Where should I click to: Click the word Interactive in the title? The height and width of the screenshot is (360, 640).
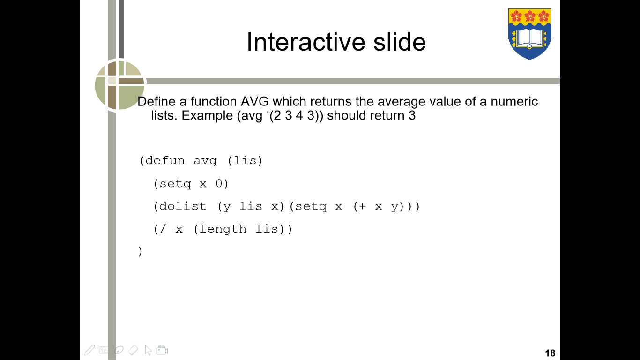tap(306, 42)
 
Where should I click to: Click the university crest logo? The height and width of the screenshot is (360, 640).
tap(530, 34)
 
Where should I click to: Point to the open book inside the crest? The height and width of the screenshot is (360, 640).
tap(530, 38)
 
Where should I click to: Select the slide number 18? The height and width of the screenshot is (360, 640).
tap(550, 353)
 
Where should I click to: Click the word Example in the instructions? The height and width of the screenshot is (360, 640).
tap(207, 115)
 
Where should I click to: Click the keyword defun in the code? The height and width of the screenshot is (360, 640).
tap(165, 161)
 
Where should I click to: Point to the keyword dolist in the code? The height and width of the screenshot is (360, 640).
tap(183, 206)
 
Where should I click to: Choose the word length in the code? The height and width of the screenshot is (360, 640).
tap(223, 229)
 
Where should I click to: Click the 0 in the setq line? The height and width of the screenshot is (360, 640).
tap(219, 184)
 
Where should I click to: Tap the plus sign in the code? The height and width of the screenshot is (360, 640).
tap(362, 206)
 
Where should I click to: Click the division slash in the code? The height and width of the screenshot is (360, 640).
tap(163, 229)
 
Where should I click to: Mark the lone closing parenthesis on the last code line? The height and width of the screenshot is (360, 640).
tap(140, 252)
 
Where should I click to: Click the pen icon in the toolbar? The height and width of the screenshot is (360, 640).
tap(89, 350)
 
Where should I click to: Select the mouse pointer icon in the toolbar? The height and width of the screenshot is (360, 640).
tap(148, 350)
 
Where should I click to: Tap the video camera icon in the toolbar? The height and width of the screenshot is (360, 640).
tap(162, 350)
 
